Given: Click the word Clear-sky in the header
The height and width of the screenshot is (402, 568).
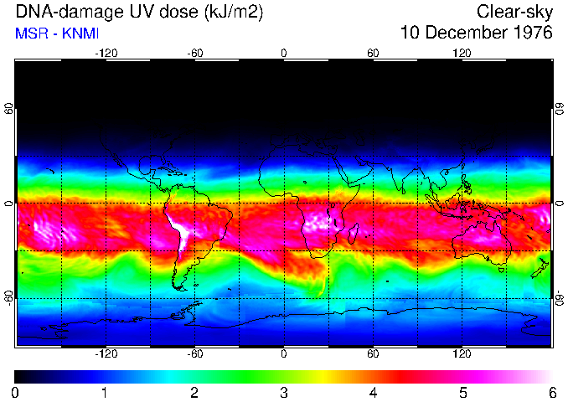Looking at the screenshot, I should [x=514, y=12].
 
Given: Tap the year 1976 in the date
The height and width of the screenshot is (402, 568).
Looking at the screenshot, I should [x=530, y=33].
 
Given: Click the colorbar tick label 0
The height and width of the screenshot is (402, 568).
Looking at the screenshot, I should [x=16, y=392].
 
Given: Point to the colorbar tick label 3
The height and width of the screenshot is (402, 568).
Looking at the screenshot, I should [x=284, y=392].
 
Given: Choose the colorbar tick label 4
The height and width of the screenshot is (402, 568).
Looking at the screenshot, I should [x=374, y=392].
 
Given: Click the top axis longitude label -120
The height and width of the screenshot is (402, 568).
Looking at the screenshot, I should [x=106, y=53].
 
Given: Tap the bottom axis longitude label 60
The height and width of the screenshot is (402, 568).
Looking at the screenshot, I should [x=373, y=354].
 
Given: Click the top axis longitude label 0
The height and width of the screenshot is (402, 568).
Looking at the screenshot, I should [x=284, y=53].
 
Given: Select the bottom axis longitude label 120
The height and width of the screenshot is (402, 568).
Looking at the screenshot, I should [x=462, y=354].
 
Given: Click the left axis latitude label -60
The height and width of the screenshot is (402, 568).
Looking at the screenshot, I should [x=8, y=298].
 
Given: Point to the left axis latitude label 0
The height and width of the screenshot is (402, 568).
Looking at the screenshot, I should [x=8, y=204].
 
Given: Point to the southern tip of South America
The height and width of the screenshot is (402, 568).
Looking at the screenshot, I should [x=178, y=287].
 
